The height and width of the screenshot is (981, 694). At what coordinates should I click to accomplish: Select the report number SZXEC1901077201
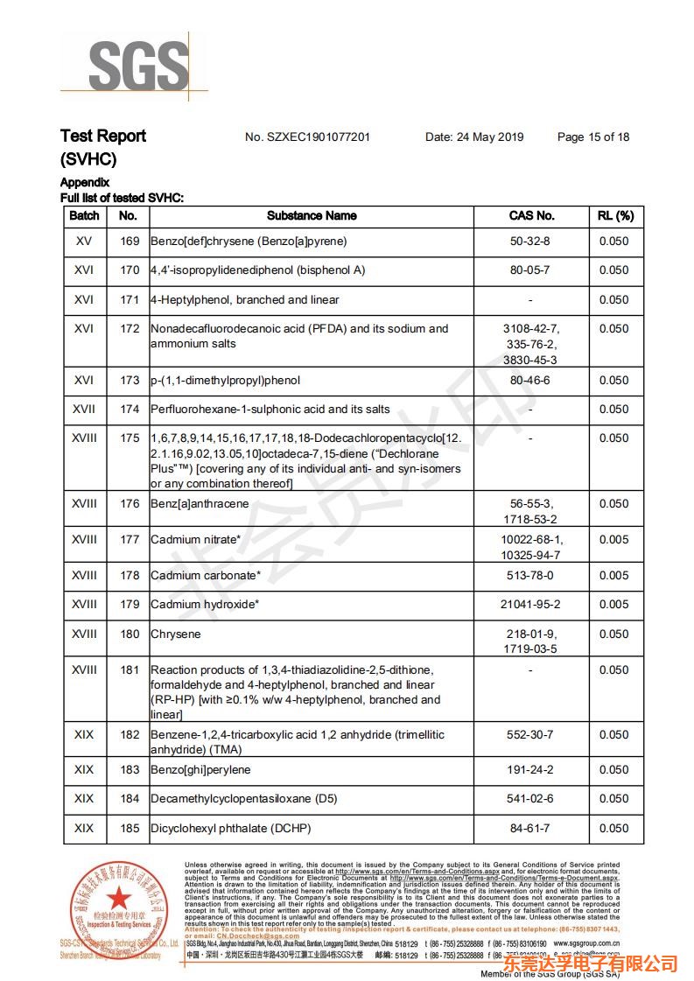pyautogui.click(x=307, y=137)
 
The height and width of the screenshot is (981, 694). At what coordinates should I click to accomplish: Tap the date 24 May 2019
pyautogui.click(x=474, y=137)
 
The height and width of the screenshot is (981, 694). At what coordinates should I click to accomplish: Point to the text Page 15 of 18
pyautogui.click(x=593, y=137)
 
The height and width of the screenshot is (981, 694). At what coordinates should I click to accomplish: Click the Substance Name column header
pyautogui.click(x=312, y=215)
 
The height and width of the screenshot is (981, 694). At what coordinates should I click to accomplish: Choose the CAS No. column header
pyautogui.click(x=531, y=215)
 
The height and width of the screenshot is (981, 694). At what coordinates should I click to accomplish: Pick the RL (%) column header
pyautogui.click(x=614, y=215)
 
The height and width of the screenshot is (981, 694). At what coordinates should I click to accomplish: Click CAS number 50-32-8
pyautogui.click(x=530, y=242)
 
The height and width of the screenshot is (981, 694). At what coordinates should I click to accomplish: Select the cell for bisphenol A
pyautogui.click(x=257, y=270)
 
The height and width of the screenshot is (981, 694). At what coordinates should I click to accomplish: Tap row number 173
pyautogui.click(x=130, y=381)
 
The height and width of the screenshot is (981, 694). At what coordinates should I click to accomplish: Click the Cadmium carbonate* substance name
pyautogui.click(x=206, y=576)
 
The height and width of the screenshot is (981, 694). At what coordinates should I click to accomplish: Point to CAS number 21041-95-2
pyautogui.click(x=530, y=605)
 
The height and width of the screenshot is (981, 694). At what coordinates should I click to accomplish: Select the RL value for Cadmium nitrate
pyautogui.click(x=614, y=540)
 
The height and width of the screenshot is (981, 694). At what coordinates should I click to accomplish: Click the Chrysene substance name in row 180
pyautogui.click(x=176, y=634)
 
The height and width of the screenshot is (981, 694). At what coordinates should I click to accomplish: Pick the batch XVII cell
pyautogui.click(x=84, y=410)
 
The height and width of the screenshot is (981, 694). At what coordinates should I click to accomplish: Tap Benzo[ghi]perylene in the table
pyautogui.click(x=200, y=770)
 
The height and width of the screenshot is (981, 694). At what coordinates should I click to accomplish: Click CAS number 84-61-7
pyautogui.click(x=530, y=829)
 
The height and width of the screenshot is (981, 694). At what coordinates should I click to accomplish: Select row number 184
pyautogui.click(x=130, y=799)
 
